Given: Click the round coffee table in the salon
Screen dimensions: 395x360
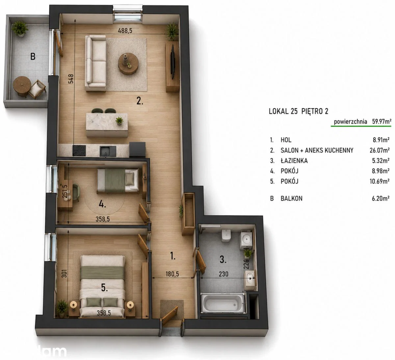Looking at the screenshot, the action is pos(128,64).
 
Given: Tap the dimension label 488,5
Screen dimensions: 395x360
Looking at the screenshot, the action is pos(125,31).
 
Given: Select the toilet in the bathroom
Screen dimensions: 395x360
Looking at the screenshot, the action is pos(226,235).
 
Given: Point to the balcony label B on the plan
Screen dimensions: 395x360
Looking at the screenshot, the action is pos(33,57).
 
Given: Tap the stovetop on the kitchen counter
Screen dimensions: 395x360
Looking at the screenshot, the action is pos(79,151).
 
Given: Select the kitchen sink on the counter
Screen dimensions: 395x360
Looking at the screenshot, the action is pos(108,151).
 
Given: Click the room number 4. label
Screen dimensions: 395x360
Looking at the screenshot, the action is pos(102,204).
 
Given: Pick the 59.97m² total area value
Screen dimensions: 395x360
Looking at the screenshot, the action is pos(382,121).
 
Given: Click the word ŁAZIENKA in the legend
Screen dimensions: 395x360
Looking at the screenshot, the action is pos(294,161).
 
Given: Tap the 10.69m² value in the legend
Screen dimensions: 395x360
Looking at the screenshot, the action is pos(380,181).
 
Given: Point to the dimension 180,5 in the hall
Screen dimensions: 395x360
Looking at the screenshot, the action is pos(172,274).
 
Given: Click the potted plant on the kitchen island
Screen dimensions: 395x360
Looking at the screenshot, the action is pos(119,120).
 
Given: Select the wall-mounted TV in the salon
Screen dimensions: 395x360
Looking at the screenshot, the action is pos(173,62).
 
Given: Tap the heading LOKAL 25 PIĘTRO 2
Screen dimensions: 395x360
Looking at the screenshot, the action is pos(299,112).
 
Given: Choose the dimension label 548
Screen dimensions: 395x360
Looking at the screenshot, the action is pos(71,79).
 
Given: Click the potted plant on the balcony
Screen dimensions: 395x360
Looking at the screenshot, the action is pos(20,29).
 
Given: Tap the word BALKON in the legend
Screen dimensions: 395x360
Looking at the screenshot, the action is pos(291,198).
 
